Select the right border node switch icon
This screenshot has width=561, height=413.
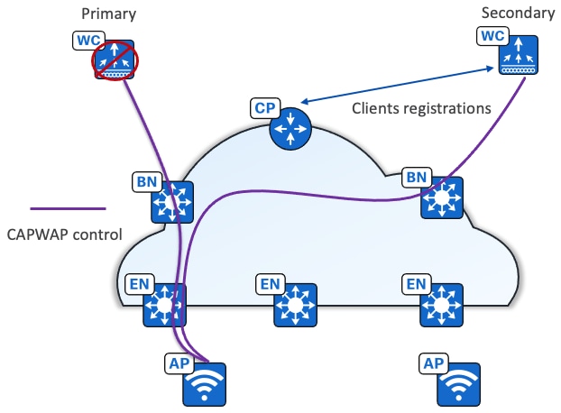(441, 198)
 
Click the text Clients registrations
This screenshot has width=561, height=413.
(420, 107)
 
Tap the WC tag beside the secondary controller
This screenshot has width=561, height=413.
(491, 37)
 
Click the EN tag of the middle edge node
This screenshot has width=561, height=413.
(271, 285)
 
